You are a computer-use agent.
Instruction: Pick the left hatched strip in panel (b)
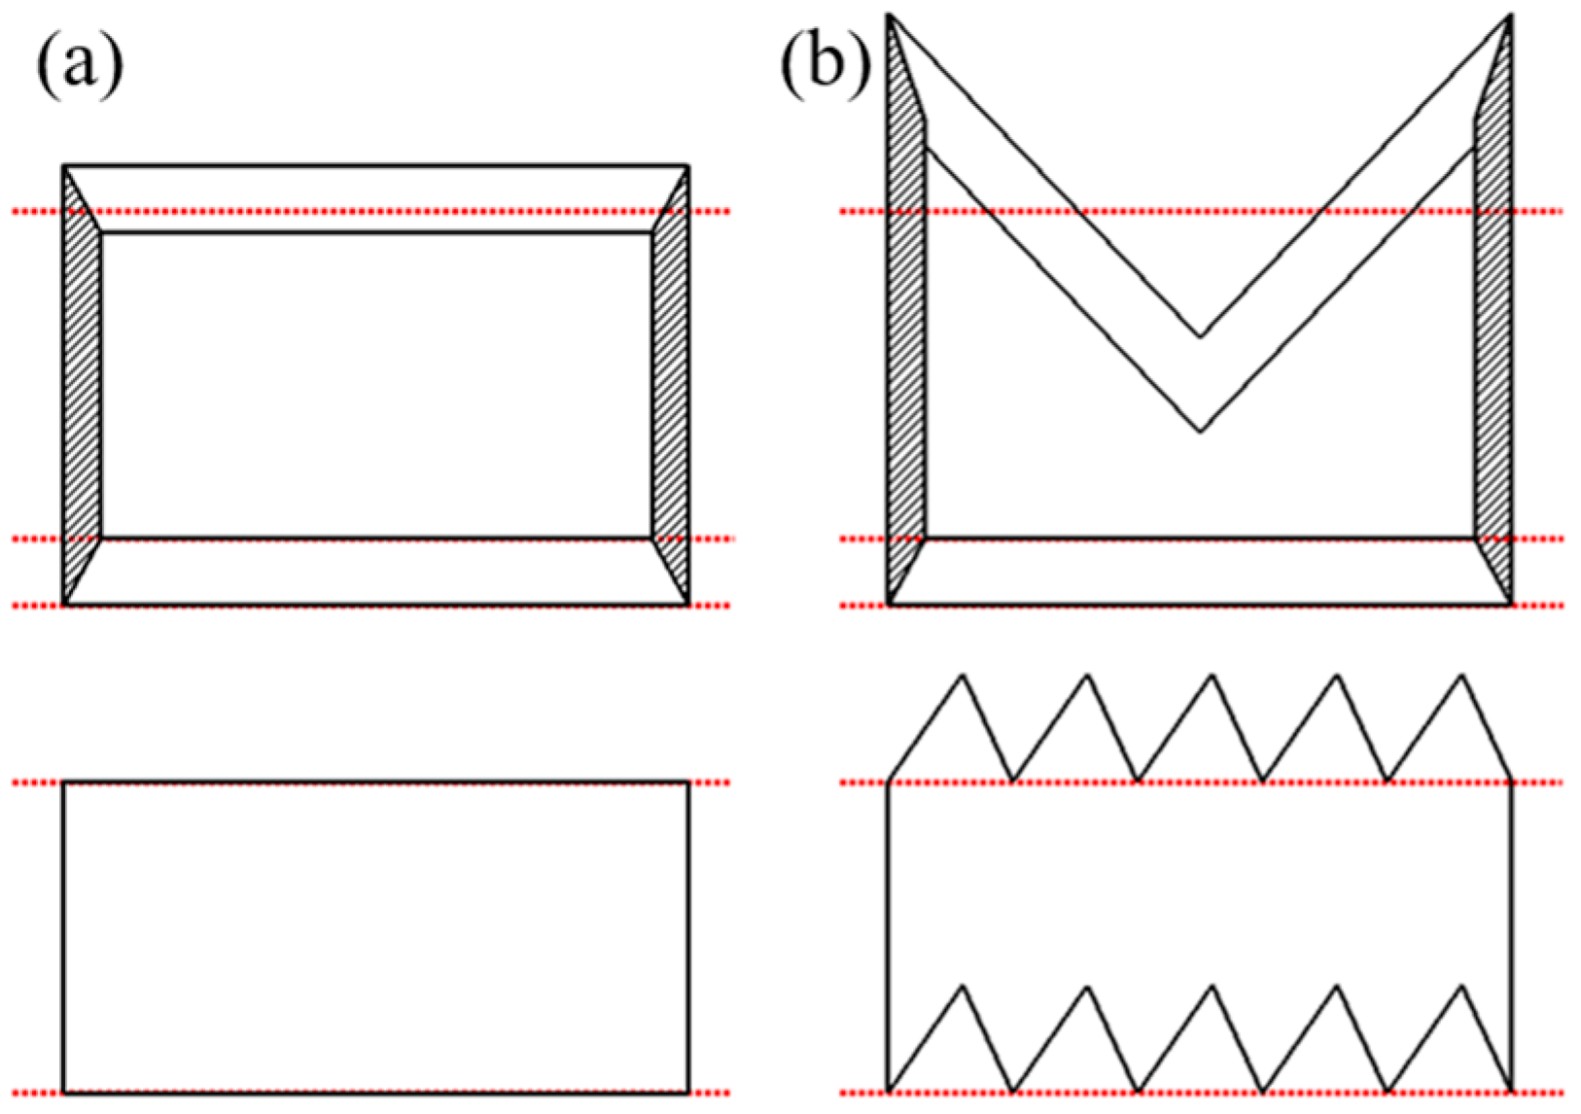(x=906, y=340)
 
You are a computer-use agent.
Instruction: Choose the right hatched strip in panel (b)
(x=1493, y=340)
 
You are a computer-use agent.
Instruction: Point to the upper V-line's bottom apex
(x=1200, y=337)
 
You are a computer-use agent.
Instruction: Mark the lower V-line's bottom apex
(x=1200, y=431)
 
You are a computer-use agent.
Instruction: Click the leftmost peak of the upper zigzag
(x=963, y=675)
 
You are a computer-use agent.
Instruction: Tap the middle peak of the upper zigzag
(x=1212, y=675)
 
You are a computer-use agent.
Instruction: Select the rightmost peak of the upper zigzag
(x=1460, y=675)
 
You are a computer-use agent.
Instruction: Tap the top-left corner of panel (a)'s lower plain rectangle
(x=64, y=782)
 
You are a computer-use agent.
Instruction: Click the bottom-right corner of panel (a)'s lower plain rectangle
(x=688, y=1093)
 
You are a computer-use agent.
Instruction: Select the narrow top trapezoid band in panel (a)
(x=376, y=199)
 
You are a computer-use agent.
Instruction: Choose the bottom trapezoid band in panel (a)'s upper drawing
(x=376, y=572)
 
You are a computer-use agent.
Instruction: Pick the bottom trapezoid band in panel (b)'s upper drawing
(x=1200, y=572)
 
